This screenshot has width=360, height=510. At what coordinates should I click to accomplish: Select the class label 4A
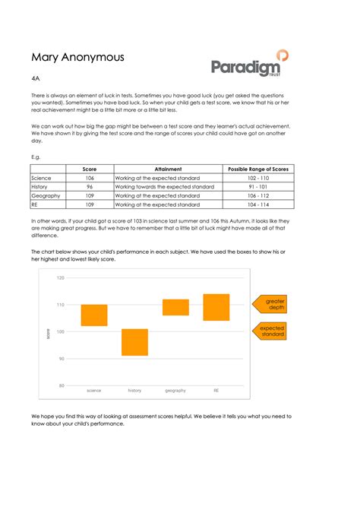coord(36,78)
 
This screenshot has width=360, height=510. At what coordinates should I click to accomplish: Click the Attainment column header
coord(167,169)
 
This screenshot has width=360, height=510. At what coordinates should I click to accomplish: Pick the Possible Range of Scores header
coord(257,169)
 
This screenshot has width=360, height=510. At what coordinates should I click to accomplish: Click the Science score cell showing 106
coord(90,177)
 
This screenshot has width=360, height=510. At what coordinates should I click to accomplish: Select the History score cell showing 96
coord(90,186)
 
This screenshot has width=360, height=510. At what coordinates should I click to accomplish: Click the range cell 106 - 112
coord(257,195)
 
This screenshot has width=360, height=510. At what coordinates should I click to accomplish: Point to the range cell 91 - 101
coord(257,186)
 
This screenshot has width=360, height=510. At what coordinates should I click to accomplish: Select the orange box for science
coord(94,315)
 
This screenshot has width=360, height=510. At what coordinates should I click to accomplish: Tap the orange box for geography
coord(175,307)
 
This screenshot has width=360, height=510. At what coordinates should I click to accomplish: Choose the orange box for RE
coord(216,307)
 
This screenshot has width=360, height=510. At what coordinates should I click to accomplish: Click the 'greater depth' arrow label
coord(273,305)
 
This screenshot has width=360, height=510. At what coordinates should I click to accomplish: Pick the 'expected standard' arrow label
coord(273,331)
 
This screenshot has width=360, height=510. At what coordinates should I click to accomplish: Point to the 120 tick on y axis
coord(61,278)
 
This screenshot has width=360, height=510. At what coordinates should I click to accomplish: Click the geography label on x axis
coord(175,391)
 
